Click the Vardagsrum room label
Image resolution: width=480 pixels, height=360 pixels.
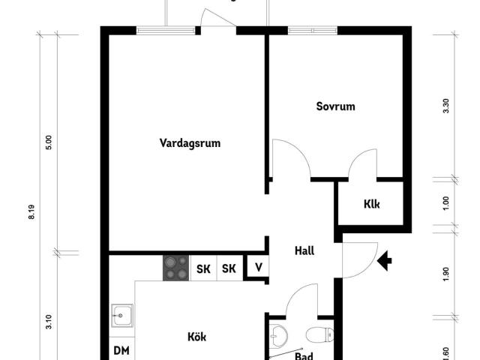(190, 142)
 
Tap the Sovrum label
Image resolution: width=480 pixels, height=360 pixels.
(335, 106)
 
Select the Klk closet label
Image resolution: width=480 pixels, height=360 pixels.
(372, 204)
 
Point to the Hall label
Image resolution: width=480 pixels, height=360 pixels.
(304, 251)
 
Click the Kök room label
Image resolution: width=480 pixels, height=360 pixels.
(196, 337)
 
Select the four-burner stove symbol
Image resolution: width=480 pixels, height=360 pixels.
(176, 268)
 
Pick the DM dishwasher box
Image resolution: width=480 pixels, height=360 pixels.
(120, 349)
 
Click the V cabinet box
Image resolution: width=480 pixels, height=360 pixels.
(257, 268)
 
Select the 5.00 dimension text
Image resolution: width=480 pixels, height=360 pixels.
(49, 142)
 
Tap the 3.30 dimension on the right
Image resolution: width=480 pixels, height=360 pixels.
(446, 106)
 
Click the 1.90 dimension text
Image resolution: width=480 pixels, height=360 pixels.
(446, 274)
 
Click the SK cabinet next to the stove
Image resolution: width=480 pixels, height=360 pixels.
(203, 268)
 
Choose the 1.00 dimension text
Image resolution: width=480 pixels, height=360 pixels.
(446, 202)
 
